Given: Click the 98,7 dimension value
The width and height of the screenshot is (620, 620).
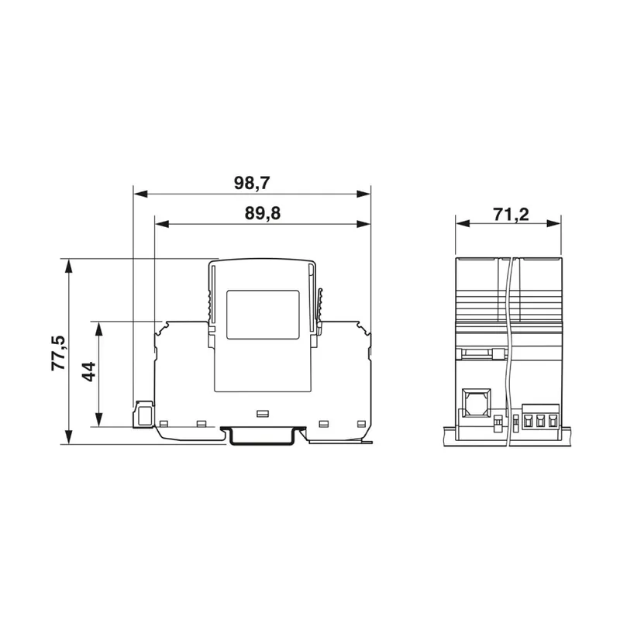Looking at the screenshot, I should (252, 184).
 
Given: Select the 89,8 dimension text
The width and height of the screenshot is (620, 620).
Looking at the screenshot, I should (262, 215).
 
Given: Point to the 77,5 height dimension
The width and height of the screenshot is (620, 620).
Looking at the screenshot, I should (59, 353).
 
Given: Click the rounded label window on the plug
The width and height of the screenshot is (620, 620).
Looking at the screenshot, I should (262, 315).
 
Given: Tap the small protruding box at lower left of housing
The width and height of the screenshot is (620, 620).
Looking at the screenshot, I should (143, 413).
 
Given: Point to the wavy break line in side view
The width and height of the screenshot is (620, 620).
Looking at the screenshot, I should (508, 349).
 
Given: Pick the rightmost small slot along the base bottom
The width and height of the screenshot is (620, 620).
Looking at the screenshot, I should (360, 423).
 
